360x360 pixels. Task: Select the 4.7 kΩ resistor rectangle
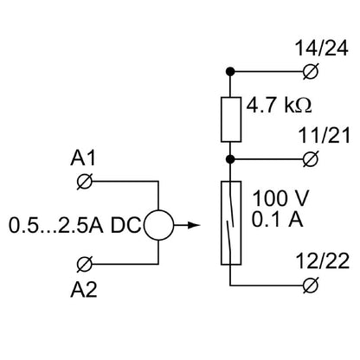pyautogui.click(x=231, y=119)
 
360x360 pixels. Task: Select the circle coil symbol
pyautogui.click(x=158, y=227)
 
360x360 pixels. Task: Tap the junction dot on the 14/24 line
pyautogui.click(x=231, y=72)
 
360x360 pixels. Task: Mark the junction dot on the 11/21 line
pyautogui.click(x=231, y=158)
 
